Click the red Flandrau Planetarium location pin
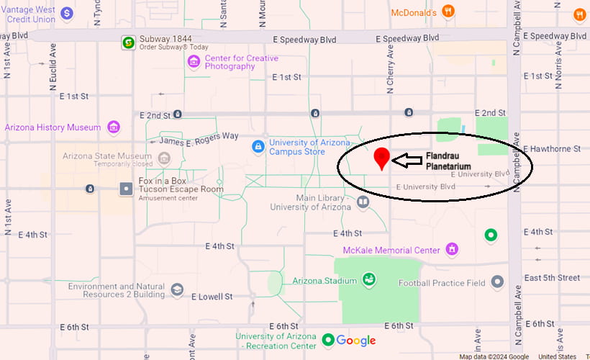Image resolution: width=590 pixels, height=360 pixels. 382,157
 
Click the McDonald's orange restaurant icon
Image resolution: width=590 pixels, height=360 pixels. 448,11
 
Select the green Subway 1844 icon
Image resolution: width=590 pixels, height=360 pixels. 127,42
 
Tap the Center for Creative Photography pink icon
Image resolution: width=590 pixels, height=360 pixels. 193,62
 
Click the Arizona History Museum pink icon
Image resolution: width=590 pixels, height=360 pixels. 113,127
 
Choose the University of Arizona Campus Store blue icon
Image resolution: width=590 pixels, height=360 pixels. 258,146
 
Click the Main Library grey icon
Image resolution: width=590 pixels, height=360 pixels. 363,202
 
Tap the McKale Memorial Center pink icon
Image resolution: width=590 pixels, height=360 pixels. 452,250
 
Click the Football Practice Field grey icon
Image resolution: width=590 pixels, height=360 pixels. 497,282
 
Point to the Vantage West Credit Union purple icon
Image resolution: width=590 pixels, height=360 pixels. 66,13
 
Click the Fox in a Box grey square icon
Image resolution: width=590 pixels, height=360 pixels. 127,189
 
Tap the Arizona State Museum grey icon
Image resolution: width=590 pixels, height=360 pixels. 165,158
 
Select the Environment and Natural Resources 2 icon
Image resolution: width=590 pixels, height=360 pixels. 176,290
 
